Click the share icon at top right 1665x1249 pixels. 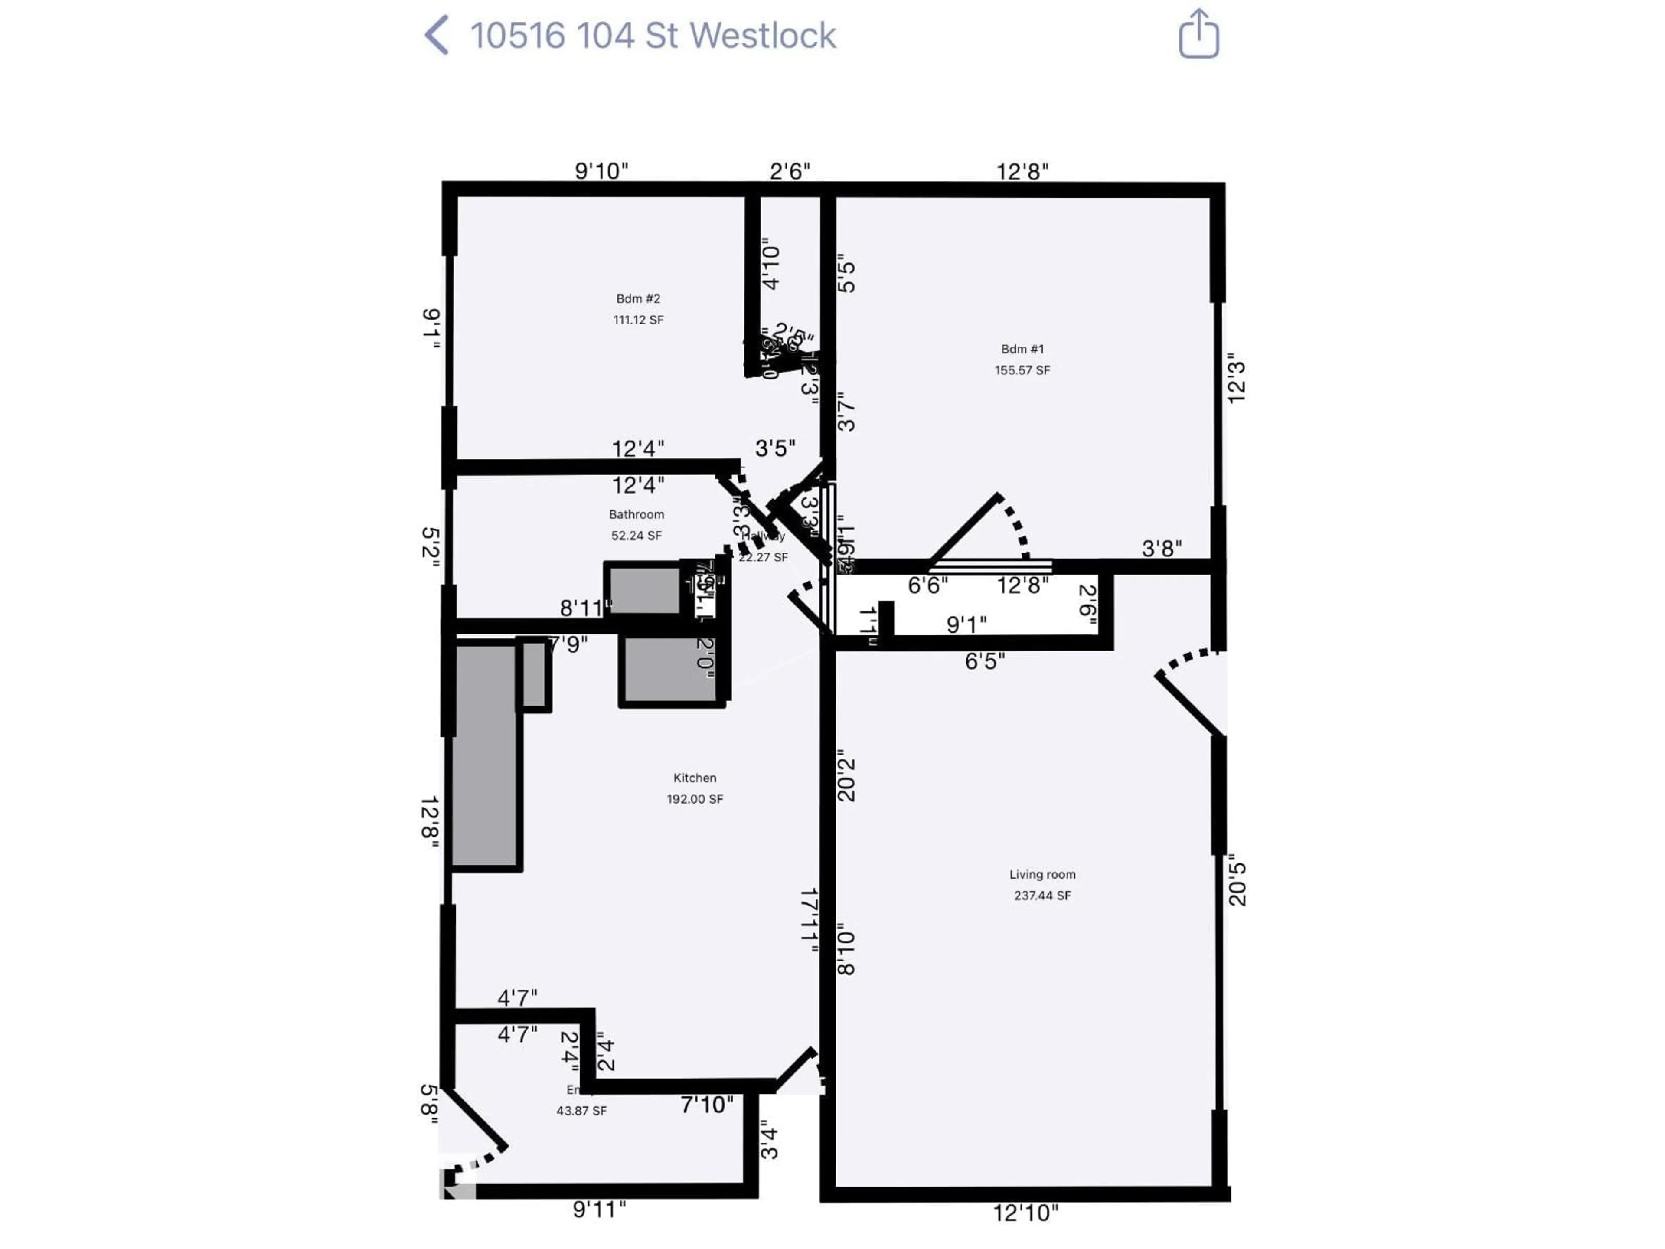click(x=1198, y=35)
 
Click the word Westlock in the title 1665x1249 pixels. click(x=762, y=36)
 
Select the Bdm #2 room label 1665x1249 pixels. click(x=637, y=299)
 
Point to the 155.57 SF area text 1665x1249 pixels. click(x=1022, y=370)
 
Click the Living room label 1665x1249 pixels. click(x=1042, y=874)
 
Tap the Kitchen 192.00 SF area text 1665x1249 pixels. click(x=694, y=799)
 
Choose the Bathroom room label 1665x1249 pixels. click(x=636, y=514)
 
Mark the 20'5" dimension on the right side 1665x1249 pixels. click(x=1237, y=880)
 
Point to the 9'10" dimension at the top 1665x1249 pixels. click(x=601, y=171)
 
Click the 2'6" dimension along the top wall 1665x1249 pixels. click(x=790, y=172)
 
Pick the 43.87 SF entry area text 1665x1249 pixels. click(x=581, y=1111)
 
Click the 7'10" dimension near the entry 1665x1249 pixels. click(x=706, y=1105)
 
